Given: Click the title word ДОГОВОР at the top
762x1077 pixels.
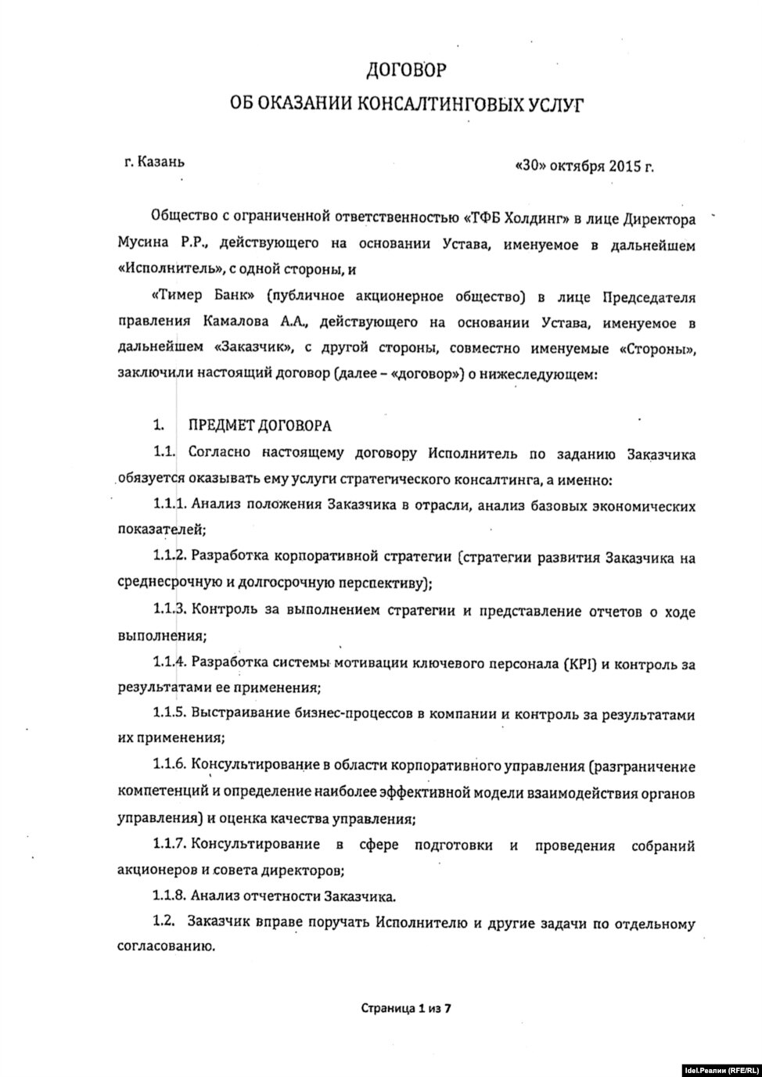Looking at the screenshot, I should coord(407,70).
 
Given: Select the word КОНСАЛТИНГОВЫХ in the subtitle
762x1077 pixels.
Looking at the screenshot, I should coord(440,104).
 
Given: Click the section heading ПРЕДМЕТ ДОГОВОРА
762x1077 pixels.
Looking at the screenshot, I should coord(259,425).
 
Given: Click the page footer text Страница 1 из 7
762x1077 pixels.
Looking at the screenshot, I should coord(406,1008).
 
